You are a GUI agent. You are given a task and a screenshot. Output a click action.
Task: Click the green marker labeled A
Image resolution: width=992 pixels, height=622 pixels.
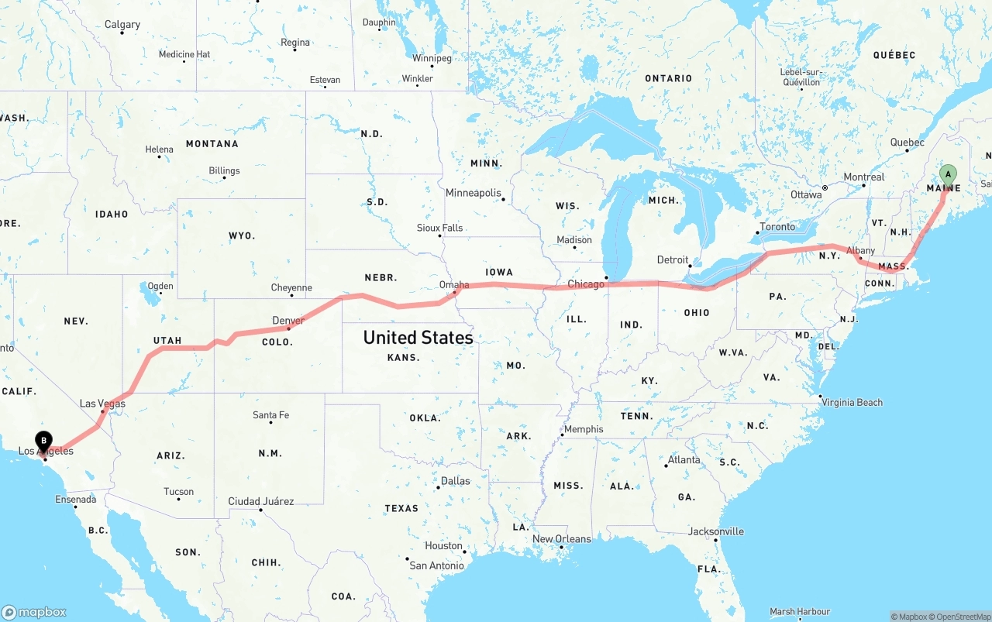[x=947, y=174]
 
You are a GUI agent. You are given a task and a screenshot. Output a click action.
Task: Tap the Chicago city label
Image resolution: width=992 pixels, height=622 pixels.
[x=586, y=284]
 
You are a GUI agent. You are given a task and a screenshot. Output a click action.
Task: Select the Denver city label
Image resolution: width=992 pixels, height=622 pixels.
[x=288, y=321]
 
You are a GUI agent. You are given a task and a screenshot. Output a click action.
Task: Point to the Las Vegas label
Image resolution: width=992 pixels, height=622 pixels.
[x=102, y=404]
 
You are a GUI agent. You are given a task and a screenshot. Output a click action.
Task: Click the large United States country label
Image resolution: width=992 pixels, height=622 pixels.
[x=418, y=338]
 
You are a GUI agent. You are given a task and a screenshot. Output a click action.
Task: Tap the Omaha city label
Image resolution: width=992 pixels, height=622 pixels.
[x=454, y=285]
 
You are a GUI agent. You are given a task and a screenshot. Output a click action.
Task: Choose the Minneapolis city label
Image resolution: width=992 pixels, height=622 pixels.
[x=473, y=193]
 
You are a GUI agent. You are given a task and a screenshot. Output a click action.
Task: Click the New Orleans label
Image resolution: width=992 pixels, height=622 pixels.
[x=561, y=539]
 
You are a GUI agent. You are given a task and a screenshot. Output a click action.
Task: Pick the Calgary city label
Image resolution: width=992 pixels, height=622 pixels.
[x=122, y=25]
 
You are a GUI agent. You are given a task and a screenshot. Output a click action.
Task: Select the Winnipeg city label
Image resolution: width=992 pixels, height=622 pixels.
[x=432, y=58]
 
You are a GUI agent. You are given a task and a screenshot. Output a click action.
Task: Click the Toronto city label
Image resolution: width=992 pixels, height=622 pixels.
[x=777, y=227]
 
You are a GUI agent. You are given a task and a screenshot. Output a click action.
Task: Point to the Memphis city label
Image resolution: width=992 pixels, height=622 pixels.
[x=584, y=429]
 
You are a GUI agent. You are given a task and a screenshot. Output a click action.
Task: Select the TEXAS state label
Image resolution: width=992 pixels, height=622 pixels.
[x=401, y=509]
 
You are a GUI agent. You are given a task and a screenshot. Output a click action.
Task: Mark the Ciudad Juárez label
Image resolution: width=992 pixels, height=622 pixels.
[x=260, y=501]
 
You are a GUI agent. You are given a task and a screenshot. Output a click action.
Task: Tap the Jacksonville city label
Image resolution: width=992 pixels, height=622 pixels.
[x=715, y=531]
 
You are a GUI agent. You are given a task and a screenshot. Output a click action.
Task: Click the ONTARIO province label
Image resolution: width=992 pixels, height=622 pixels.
[x=668, y=78]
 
